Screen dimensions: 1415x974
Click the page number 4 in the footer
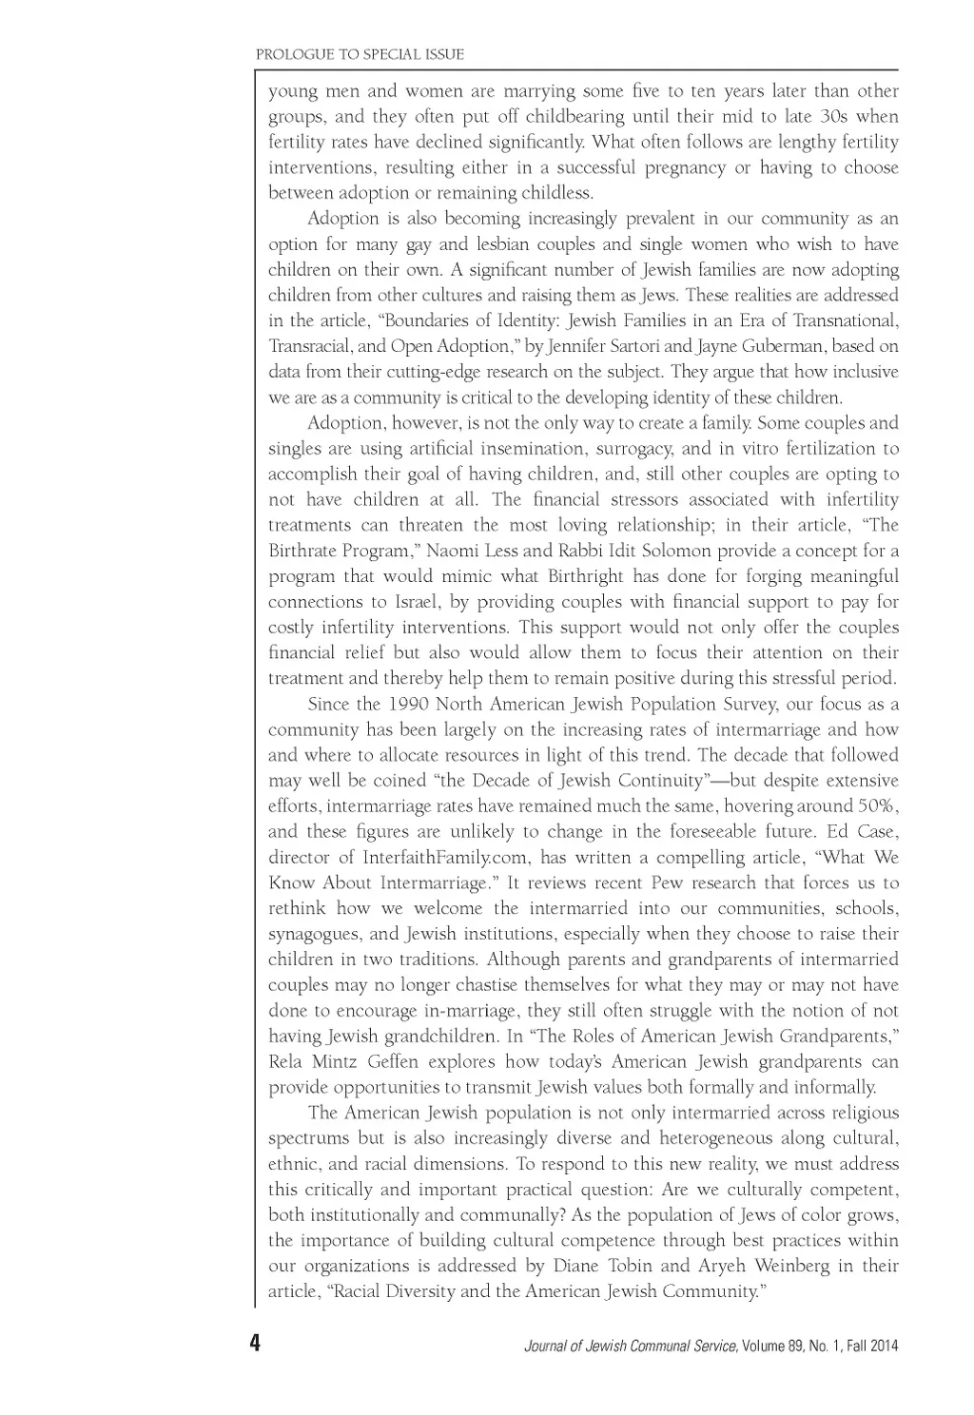254,1345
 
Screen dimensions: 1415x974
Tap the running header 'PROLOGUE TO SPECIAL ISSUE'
360,54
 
